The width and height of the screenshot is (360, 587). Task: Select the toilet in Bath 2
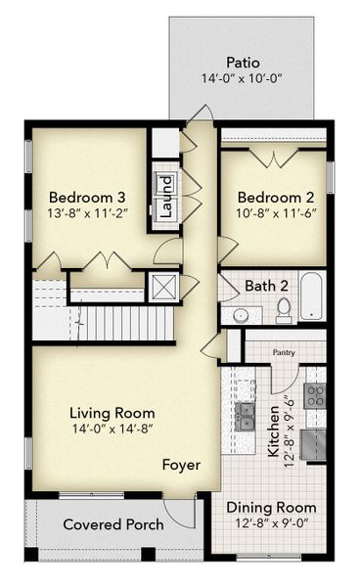click(284, 310)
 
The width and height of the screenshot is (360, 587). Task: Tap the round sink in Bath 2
click(241, 315)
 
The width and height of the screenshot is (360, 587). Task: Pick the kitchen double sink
click(248, 417)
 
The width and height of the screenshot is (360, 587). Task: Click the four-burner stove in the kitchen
click(315, 395)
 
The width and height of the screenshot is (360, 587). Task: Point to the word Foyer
click(180, 465)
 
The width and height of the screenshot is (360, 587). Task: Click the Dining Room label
click(271, 508)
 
